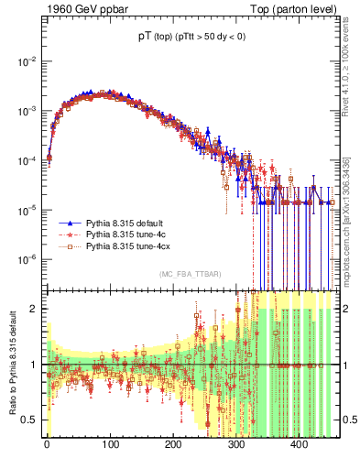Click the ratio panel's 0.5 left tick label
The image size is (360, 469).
tap(28, 420)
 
